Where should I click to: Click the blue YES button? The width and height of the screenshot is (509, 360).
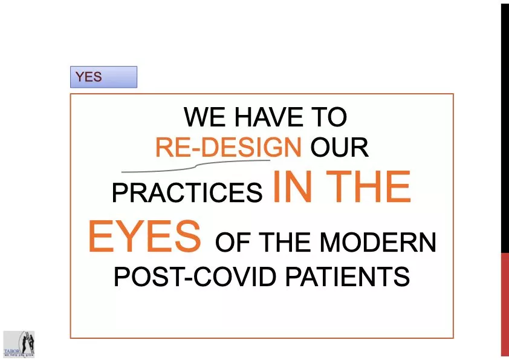103,77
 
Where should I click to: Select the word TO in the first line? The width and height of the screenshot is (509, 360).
329,117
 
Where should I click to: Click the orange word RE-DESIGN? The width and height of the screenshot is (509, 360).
228,147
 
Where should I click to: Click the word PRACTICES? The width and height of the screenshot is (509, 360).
187,193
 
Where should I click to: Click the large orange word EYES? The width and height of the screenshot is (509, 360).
144,237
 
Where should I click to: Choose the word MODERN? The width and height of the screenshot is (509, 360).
378,243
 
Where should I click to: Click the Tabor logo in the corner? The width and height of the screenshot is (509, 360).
19,344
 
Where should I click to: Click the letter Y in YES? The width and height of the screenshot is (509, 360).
79,77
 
